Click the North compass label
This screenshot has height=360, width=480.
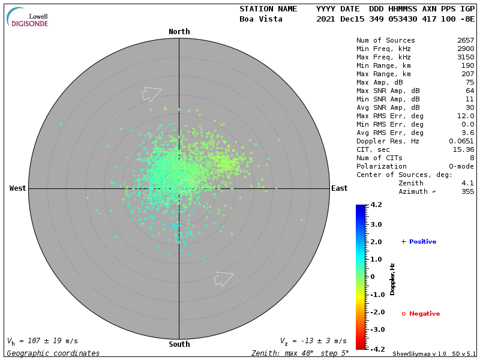[179, 32]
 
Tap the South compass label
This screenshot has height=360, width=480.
[179, 344]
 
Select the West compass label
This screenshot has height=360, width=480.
[17, 188]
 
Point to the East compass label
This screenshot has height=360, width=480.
[340, 188]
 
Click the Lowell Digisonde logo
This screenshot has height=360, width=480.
[28, 17]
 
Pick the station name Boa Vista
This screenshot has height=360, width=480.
[262, 19]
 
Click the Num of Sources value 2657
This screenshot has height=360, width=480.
[466, 41]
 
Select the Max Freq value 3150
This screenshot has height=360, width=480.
[466, 58]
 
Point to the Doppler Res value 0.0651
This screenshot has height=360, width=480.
[461, 142]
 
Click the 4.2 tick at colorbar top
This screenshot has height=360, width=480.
[376, 205]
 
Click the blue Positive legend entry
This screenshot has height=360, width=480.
[419, 242]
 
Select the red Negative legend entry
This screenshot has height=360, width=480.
[421, 314]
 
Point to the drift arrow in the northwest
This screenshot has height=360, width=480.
[151, 94]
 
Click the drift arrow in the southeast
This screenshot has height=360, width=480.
[223, 278]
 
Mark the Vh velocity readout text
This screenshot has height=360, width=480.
[43, 341]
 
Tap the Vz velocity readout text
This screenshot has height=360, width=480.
[313, 341]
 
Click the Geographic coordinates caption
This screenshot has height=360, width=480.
[53, 353]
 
